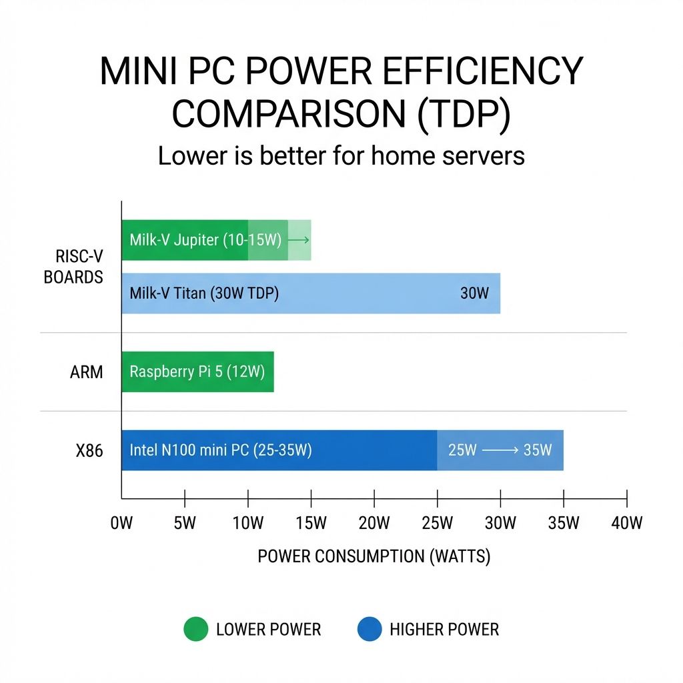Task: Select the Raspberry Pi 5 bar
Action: pos(197,372)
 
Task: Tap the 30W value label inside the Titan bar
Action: pos(474,293)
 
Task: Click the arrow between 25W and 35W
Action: pos(500,450)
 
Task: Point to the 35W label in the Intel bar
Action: pos(538,450)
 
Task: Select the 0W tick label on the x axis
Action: pos(121,523)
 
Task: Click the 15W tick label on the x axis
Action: pos(311,523)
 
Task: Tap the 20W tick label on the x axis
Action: pos(374,523)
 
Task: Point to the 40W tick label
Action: pos(626,523)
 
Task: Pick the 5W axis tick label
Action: pos(185,523)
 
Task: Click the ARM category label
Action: pos(87,372)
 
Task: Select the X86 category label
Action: pos(89,451)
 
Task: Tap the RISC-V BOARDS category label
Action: pos(73,267)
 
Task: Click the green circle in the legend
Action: pos(195,629)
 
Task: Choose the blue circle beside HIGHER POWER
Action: pos(370,629)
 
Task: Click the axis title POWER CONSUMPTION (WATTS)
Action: pos(374,556)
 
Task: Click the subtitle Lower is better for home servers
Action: pos(341,155)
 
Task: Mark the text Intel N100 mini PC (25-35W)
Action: pos(221,450)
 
